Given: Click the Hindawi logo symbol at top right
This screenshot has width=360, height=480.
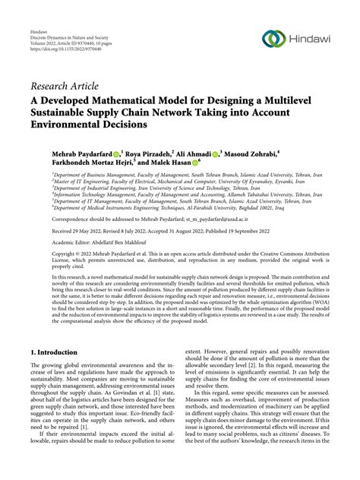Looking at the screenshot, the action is click(x=273, y=39).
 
